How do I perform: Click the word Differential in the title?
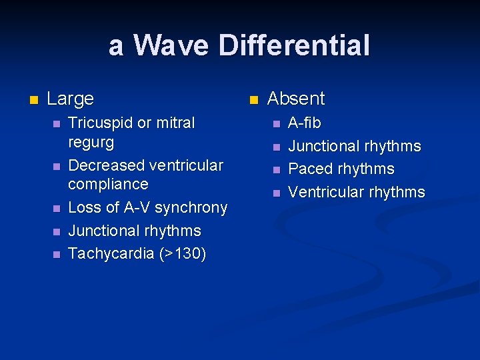[x=293, y=46]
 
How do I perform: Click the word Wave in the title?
[x=170, y=46]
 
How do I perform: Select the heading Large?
[x=70, y=99]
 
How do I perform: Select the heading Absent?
[x=295, y=99]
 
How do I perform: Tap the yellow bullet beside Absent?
[x=253, y=100]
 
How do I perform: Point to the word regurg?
[x=91, y=142]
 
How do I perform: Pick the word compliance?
[x=108, y=184]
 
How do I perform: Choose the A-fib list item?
[x=304, y=123]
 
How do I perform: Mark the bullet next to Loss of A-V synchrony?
[x=57, y=209]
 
